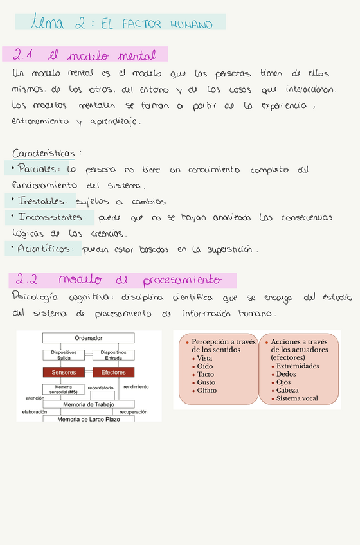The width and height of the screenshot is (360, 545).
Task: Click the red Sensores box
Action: point(64,373)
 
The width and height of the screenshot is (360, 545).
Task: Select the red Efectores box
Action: point(113,373)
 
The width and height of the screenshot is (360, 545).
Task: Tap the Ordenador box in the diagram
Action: point(89,338)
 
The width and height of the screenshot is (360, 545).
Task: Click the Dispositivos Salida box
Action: point(64,355)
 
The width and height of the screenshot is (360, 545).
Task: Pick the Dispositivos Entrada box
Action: point(113,355)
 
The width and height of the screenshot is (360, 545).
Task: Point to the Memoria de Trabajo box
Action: point(89,404)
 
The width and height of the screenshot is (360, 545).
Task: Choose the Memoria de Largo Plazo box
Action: point(89,419)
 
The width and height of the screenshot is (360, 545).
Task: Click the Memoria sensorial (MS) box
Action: point(64,389)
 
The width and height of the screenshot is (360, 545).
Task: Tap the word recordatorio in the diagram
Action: point(101,388)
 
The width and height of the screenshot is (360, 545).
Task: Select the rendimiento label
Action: point(136,387)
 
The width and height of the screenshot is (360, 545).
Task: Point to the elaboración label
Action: point(35,411)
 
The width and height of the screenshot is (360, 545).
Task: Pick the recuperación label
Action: point(133,411)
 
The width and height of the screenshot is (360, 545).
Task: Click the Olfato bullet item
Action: point(207,390)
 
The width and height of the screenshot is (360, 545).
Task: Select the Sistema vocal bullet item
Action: point(297,398)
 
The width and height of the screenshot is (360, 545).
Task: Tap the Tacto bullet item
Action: point(206,374)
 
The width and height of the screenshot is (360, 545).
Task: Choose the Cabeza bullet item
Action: point(287,390)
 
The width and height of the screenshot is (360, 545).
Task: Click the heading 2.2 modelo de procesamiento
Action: point(122,280)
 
